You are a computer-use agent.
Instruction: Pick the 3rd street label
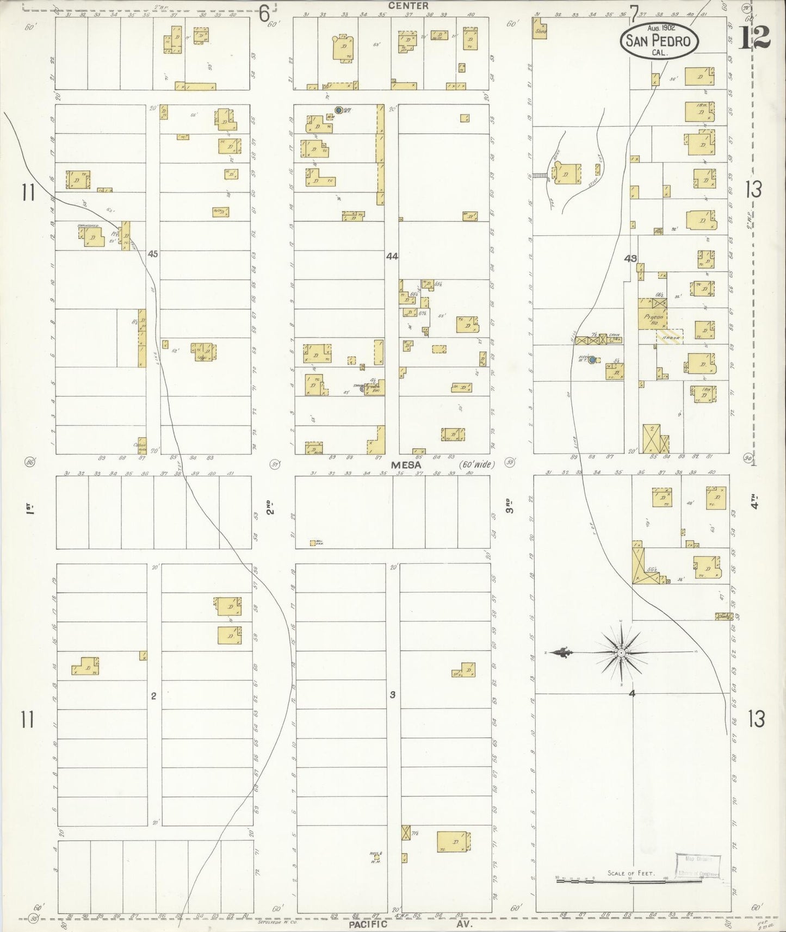[510, 506]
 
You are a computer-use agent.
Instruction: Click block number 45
[153, 253]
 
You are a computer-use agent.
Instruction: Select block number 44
[392, 256]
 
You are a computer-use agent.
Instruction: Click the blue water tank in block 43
[592, 359]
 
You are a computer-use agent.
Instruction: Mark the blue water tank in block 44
[338, 110]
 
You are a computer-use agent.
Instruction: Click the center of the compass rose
[621, 652]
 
